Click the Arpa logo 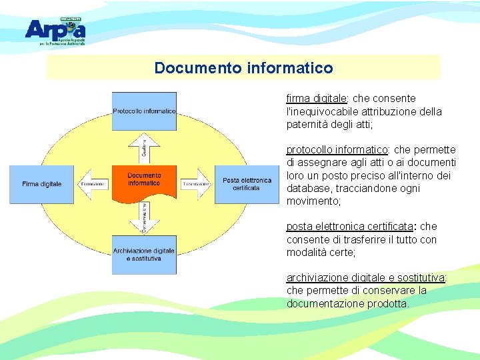pos(55,30)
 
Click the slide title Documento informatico pos(243,68)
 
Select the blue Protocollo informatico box pos(144,111)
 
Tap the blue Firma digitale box pos(41,183)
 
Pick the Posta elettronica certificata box pos(247,183)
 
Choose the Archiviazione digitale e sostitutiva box pos(144,254)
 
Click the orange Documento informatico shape pos(144,182)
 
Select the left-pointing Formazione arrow pos(94,183)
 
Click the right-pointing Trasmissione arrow pos(196,183)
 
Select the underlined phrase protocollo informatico pos(337,150)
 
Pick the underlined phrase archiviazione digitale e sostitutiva pos(365,278)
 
